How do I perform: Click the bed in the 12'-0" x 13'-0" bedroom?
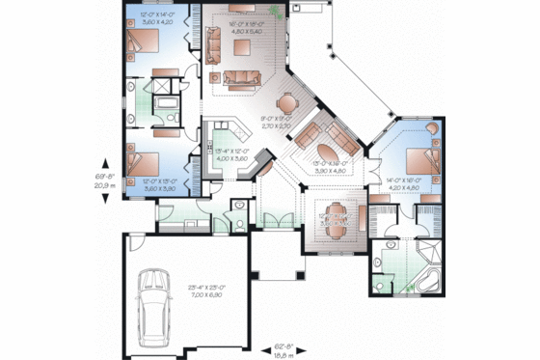coord(143,155)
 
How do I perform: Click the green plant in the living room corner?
coord(278,13)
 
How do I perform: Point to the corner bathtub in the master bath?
coord(429,281)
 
